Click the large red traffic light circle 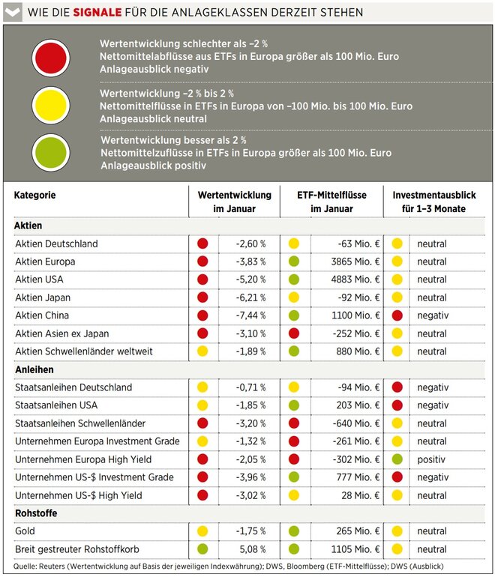51,58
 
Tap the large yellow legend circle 51,105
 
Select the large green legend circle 51,152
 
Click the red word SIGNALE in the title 97,13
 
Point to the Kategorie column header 34,195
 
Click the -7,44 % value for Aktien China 250,315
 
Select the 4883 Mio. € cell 355,280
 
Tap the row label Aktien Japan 43,297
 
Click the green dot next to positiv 397,459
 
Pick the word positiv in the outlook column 431,459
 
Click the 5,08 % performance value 252,549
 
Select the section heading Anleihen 34,369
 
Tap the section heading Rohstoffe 36,513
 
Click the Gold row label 25,531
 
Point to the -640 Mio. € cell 355,423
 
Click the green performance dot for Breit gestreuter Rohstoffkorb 202,549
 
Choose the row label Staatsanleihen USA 56,405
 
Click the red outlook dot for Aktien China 397,315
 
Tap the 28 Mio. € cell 360,495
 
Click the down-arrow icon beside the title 13,12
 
